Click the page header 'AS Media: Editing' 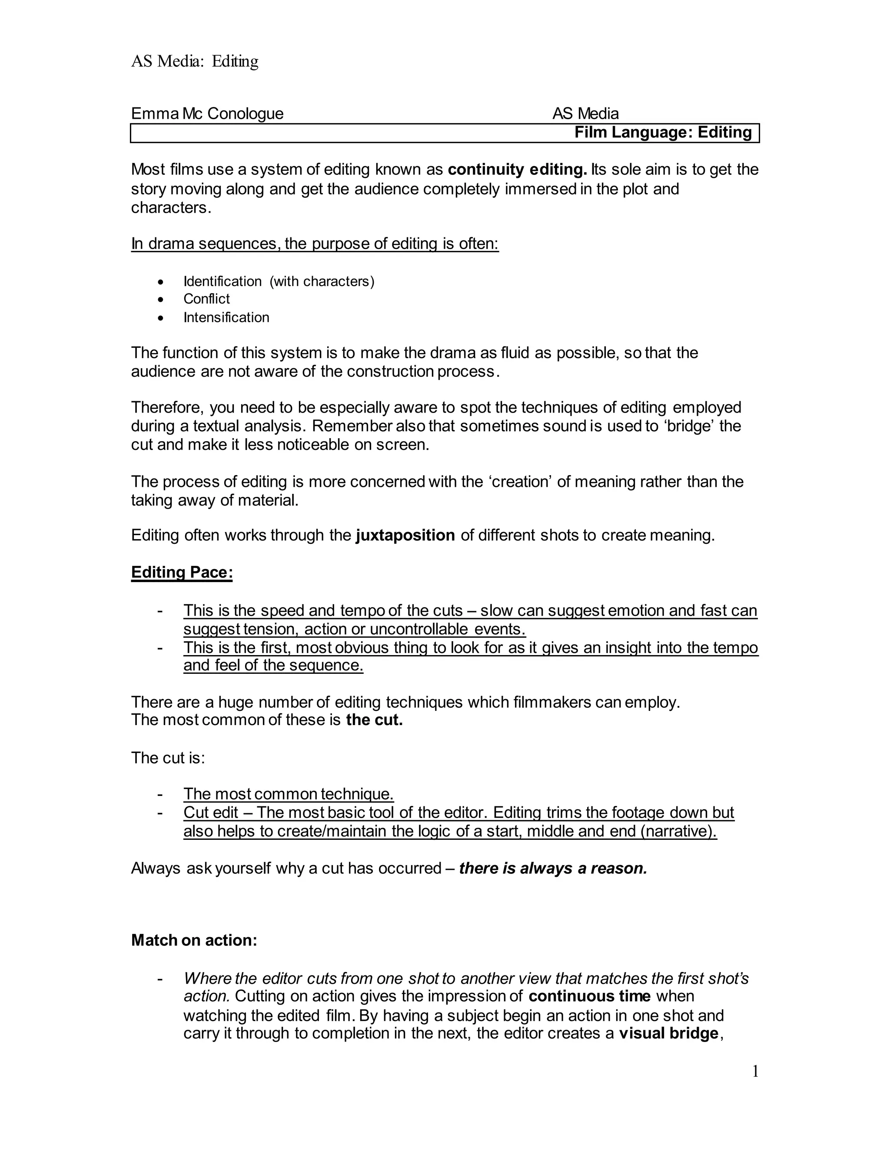click(195, 62)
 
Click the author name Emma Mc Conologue click(207, 113)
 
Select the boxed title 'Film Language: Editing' click(663, 133)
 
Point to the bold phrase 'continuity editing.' click(517, 170)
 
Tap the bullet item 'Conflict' click(207, 299)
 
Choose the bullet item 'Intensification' click(226, 317)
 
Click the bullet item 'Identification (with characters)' click(279, 282)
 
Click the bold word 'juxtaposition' click(405, 536)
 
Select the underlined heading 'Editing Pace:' click(182, 573)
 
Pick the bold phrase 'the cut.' click(374, 720)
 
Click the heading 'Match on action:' click(194, 940)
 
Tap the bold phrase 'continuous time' click(589, 996)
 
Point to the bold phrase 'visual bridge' click(668, 1033)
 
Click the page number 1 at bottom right click(755, 1072)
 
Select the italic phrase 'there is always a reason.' click(553, 869)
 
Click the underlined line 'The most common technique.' click(289, 794)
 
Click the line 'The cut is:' click(168, 758)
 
